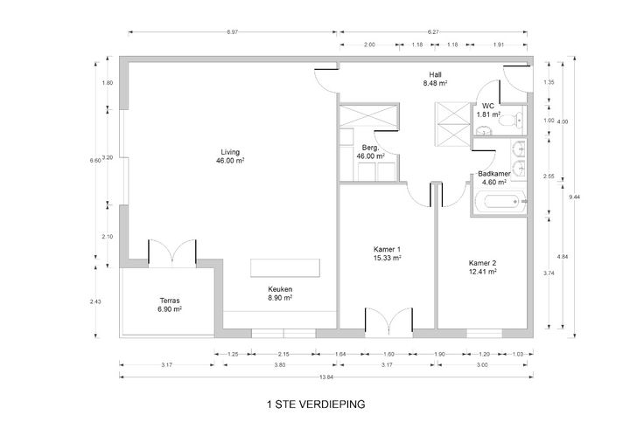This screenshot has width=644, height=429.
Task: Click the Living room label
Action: [230, 152]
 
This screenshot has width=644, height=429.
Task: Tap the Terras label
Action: [170, 301]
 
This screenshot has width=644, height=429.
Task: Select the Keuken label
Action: [280, 289]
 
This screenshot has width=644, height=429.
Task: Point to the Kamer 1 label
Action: [387, 249]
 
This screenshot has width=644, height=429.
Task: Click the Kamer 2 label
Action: [483, 263]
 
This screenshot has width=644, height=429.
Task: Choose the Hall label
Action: [435, 74]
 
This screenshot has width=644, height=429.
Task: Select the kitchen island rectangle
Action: [285, 268]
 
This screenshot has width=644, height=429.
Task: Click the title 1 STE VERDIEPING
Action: [316, 405]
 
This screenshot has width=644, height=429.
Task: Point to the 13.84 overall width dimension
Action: [325, 377]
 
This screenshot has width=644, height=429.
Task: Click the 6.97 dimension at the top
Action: [232, 32]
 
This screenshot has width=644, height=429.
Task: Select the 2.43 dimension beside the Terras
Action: [95, 301]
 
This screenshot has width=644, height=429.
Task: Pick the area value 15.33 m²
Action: [388, 258]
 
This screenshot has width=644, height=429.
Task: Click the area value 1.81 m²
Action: [488, 114]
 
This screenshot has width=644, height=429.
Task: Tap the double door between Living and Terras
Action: [172, 253]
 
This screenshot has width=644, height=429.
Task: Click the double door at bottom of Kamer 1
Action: [389, 322]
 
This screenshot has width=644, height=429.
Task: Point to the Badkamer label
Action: [494, 174]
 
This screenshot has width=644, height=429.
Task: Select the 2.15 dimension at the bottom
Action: [283, 354]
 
